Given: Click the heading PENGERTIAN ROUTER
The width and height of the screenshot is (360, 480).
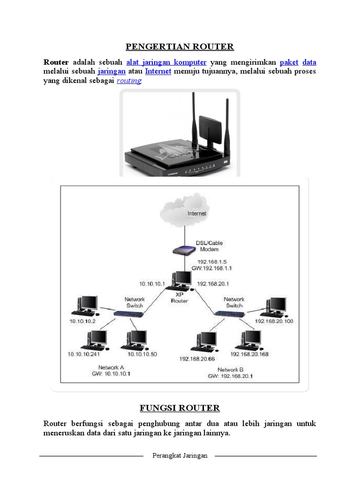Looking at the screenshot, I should coord(180,47).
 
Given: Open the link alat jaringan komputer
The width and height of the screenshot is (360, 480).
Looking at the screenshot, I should coord(166,62).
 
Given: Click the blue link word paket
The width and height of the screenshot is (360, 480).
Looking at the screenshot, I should coord(289,62).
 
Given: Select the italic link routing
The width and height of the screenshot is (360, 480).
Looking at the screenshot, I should coord(129,81).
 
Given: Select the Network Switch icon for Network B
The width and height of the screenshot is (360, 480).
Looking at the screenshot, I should coord(229,313).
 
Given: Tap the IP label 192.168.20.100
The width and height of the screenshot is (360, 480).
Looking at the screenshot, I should coord(274,322).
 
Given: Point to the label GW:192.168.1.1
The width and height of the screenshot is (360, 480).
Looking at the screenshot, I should coord(212,269).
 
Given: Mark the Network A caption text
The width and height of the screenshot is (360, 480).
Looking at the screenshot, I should coord(111,367).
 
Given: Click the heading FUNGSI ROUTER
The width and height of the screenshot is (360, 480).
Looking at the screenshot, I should coord(180,407).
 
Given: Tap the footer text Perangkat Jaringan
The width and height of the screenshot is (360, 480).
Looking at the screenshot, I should coord(180,456).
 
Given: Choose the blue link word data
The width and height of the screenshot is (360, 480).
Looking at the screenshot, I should coord(309,62).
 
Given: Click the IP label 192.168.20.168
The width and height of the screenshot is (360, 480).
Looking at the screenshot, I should coord(249,354).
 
